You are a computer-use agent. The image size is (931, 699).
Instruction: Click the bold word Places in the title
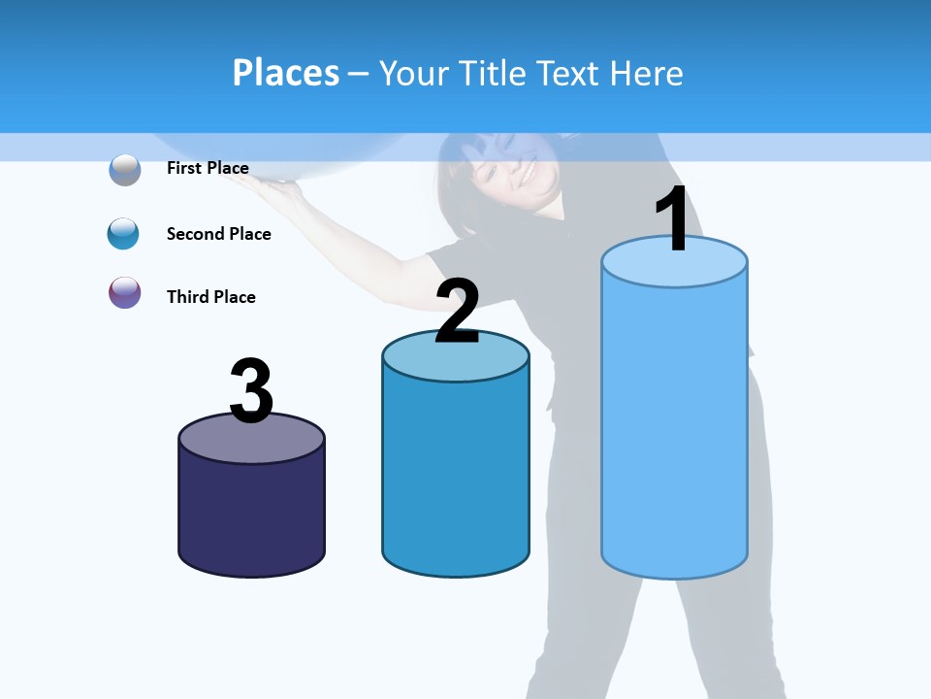point(285,73)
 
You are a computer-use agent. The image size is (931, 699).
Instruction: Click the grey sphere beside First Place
point(124,169)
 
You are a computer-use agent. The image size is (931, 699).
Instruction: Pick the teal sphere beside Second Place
point(123,234)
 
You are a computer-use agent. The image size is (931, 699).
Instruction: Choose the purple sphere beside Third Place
point(124,292)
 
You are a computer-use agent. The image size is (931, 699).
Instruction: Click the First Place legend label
point(208,168)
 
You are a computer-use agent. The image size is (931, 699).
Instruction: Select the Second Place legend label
point(218,234)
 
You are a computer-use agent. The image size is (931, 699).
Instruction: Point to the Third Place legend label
point(210,297)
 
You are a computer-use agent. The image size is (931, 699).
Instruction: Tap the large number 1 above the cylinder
point(673,218)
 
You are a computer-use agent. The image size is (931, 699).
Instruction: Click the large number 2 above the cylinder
point(457,311)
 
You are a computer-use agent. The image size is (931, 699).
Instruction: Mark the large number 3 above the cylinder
point(251,390)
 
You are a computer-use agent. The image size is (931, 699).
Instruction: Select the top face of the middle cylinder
point(456,357)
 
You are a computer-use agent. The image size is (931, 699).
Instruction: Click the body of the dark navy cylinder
point(251,515)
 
